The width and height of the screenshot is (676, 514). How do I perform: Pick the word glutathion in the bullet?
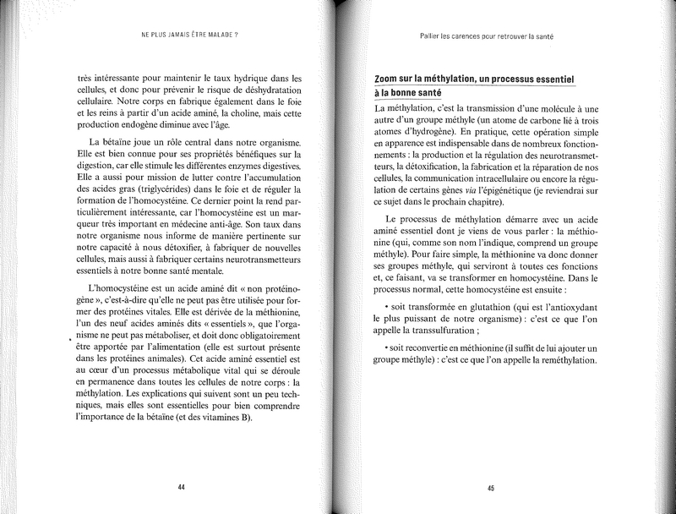(464, 309)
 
